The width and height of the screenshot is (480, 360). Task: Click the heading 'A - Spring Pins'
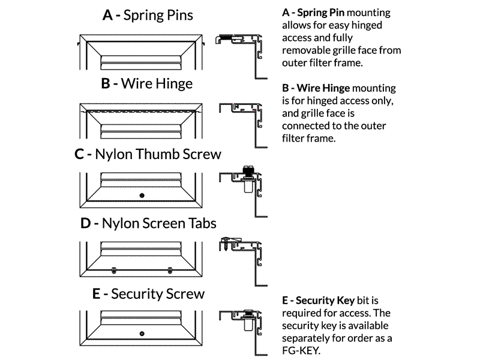pyautogui.click(x=148, y=15)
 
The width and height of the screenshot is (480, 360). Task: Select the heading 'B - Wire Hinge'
pyautogui.click(x=147, y=83)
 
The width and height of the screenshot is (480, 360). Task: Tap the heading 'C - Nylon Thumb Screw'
pyautogui.click(x=148, y=154)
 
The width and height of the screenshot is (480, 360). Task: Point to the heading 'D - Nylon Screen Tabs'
pyautogui.click(x=148, y=223)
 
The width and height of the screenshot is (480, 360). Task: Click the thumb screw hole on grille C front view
pyautogui.click(x=142, y=196)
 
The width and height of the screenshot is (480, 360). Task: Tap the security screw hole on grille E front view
pyautogui.click(x=142, y=333)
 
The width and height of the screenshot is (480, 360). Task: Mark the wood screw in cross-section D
pyautogui.click(x=226, y=244)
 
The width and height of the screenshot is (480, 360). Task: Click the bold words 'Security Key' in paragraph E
pyautogui.click(x=325, y=299)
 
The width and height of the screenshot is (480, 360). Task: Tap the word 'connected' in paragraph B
pyautogui.click(x=306, y=127)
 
